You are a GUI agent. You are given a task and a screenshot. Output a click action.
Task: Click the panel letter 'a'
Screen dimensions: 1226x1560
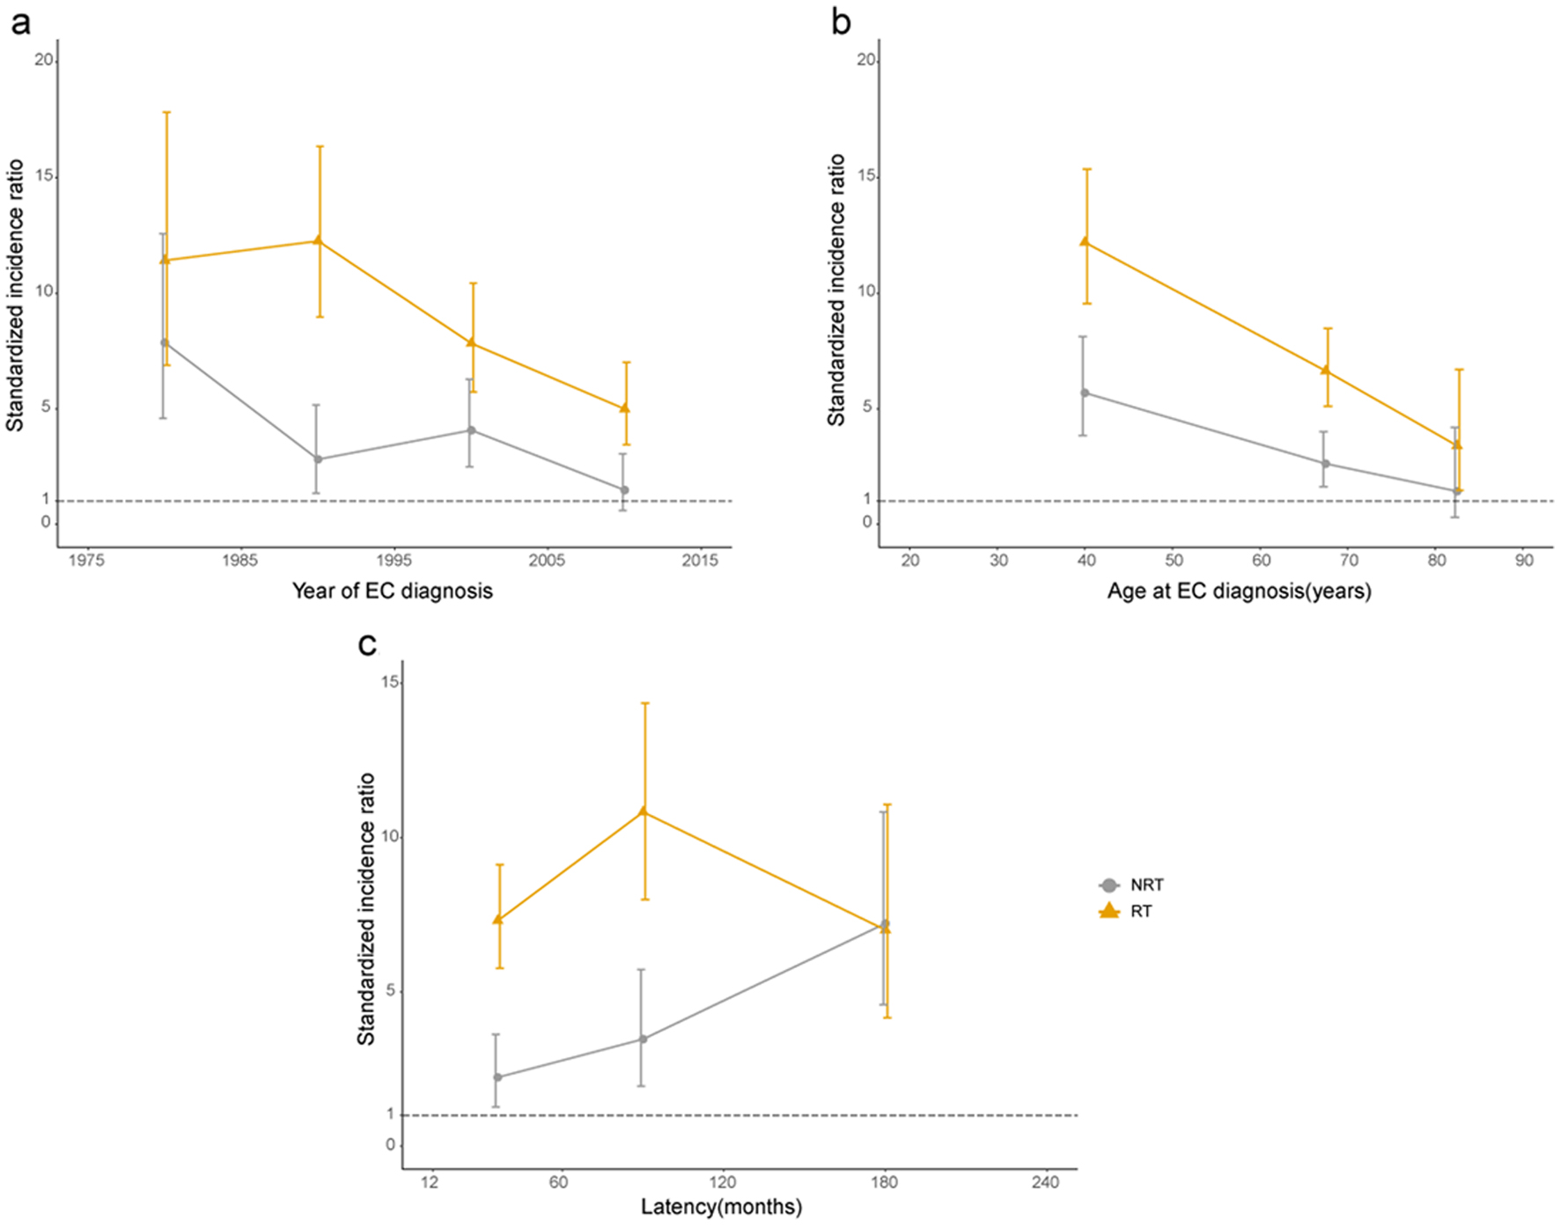[19, 23]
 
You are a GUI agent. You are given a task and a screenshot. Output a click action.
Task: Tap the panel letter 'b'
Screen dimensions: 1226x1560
[841, 23]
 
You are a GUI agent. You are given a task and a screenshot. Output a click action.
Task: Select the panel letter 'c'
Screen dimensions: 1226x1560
[367, 645]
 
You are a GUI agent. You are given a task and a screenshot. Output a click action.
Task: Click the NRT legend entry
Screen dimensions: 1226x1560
[1146, 885]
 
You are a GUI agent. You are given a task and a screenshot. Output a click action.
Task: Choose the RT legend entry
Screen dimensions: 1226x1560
[1141, 912]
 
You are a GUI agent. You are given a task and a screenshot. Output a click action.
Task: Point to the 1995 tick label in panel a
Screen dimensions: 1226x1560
[394, 561]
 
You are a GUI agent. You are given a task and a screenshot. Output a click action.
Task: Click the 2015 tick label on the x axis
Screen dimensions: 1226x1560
[700, 561]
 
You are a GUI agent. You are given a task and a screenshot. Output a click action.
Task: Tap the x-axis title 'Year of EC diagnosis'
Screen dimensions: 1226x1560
[392, 591]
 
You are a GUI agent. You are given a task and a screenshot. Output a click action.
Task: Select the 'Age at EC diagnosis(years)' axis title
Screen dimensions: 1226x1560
[1239, 591]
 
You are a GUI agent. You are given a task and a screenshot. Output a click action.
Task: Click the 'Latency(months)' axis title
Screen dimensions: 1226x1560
[721, 1207]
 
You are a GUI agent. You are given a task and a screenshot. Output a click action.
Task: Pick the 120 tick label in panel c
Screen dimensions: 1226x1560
[723, 1182]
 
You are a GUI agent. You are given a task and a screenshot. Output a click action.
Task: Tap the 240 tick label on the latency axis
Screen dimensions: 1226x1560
[1046, 1182]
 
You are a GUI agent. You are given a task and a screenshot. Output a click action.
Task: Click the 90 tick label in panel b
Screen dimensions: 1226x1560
[1524, 561]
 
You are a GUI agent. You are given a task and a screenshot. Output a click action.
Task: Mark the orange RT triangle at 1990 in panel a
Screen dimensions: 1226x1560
[319, 240]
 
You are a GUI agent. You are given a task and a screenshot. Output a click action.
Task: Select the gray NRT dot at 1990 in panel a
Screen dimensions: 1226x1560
[318, 459]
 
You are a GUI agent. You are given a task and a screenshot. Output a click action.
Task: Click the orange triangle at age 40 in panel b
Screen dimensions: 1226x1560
[1085, 241]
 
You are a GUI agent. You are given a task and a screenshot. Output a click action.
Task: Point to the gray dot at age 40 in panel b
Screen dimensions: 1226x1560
[1085, 393]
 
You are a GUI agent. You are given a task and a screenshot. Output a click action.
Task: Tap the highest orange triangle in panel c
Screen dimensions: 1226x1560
[644, 811]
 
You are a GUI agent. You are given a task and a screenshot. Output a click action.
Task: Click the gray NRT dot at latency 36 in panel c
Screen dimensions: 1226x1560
[497, 1076]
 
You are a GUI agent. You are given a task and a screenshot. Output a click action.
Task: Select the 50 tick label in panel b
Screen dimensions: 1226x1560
[1174, 561]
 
